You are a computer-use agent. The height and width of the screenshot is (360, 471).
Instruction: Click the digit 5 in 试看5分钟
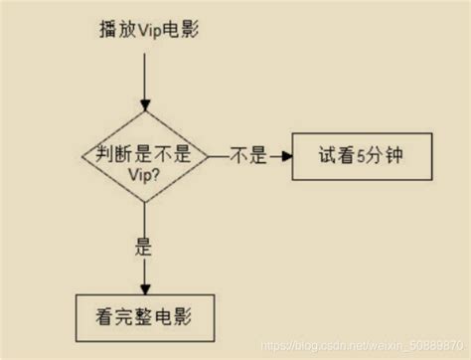355,157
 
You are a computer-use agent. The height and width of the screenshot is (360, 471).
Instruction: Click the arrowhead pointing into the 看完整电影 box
146,285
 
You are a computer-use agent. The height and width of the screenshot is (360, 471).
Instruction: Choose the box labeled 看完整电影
146,317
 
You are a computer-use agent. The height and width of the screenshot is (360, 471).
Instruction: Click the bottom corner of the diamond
146,205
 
